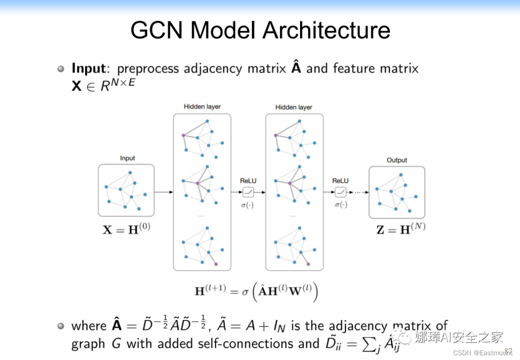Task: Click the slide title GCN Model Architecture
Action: click(260, 30)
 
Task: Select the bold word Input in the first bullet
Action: click(88, 68)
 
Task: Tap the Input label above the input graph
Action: click(127, 158)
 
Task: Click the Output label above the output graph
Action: click(397, 160)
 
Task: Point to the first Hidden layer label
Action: click(202, 107)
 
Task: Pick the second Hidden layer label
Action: click(294, 107)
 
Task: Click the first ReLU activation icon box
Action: click(248, 192)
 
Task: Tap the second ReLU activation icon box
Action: click(340, 192)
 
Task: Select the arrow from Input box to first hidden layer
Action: click(164, 192)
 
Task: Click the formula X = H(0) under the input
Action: click(127, 229)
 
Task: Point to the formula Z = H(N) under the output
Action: click(401, 229)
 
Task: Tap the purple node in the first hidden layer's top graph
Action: click(183, 135)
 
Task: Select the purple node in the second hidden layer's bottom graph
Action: click(308, 264)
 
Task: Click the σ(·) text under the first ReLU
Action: click(248, 205)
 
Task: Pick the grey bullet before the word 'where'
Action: click(61, 326)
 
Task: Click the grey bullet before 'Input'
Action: click(61, 69)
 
